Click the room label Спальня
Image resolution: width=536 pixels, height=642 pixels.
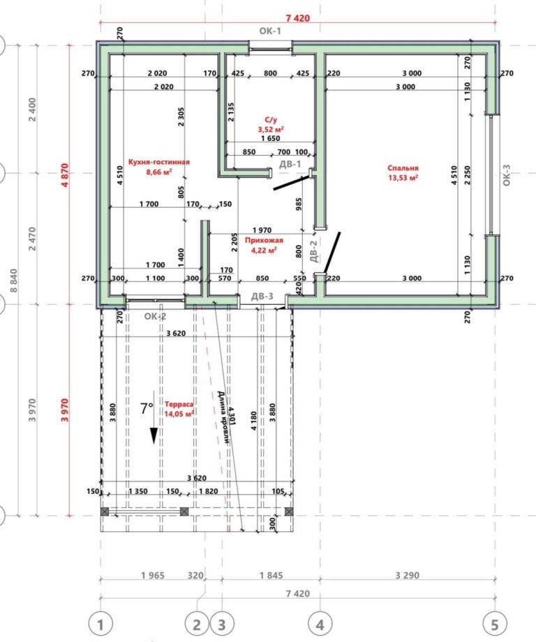coord(403,168)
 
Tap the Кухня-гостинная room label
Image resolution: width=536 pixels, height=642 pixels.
coord(159,162)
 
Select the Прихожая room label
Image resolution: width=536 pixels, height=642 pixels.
coord(264,240)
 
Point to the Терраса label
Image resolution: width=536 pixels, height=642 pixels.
coord(179,404)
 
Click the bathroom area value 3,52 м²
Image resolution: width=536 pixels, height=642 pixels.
coord(271,129)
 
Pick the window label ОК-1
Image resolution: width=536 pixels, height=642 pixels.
coord(270,31)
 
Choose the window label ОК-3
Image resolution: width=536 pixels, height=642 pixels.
coord(507,175)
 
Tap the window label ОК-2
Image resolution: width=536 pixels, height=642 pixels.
coord(155,317)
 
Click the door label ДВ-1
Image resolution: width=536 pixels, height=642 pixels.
coord(290,164)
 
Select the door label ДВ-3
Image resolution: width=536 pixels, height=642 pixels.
coord(262,297)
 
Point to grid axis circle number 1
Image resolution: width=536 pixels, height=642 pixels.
coord(100,625)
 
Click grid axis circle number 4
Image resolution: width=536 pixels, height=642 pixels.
coord(320,625)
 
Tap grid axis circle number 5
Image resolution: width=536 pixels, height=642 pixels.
coord(495,625)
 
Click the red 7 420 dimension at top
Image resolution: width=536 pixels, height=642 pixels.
coord(298,18)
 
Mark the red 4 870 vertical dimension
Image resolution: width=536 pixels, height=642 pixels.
coord(65,175)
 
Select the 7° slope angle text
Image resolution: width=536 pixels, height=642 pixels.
coord(147,408)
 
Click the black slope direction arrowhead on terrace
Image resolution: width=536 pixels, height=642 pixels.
coord(154,436)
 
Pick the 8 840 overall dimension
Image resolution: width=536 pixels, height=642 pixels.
coord(14,281)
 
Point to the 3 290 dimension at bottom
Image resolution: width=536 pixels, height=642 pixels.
coord(408,575)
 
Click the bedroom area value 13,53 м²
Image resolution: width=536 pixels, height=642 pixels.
coord(403,178)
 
